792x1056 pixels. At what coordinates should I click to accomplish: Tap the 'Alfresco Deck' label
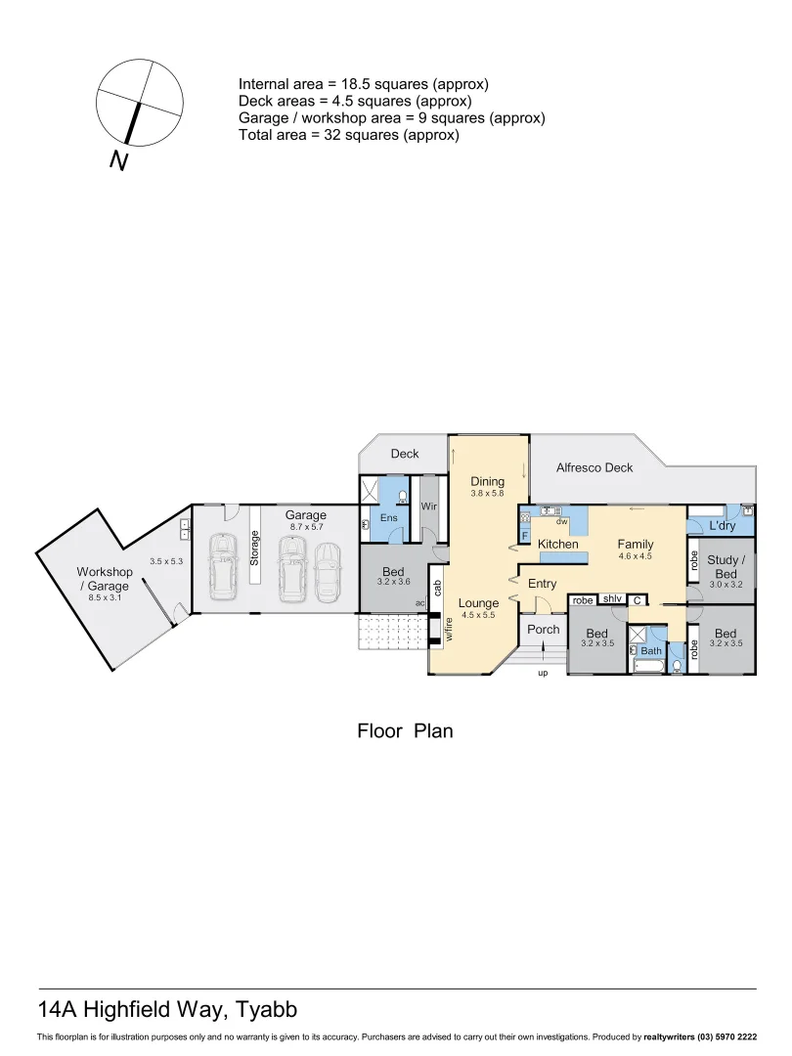(594, 467)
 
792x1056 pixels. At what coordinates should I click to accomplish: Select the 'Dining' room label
(487, 481)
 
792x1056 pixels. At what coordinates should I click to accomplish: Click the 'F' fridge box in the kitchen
(525, 536)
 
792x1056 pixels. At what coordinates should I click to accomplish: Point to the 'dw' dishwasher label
(562, 522)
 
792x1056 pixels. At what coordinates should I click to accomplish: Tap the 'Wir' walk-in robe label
(428, 506)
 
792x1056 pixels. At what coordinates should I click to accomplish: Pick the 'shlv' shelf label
(612, 599)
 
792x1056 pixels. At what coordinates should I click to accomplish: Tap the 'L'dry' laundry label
(722, 526)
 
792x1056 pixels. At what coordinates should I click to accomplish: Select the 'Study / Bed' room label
(726, 567)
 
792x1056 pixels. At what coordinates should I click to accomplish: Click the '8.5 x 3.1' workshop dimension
(104, 597)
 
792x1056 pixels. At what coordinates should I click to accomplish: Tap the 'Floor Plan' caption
(405, 730)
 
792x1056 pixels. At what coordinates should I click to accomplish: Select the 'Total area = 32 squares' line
(348, 136)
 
